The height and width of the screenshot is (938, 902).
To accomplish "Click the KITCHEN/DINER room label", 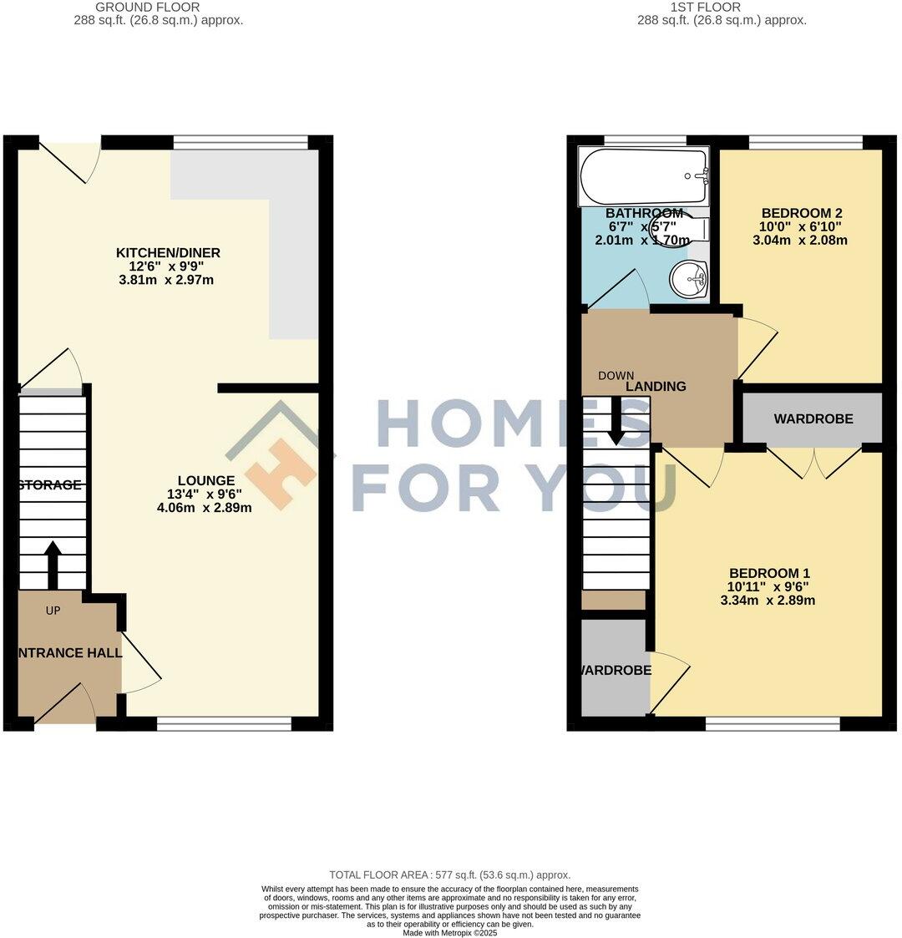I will [x=168, y=252].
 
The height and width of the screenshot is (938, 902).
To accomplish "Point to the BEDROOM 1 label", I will [x=769, y=573].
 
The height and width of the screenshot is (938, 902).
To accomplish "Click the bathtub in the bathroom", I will [x=643, y=175].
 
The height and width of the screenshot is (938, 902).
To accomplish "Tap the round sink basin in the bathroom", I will [x=691, y=278].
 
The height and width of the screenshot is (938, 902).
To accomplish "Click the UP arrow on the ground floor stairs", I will [x=52, y=564].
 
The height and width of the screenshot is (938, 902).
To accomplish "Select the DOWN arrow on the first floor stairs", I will [x=616, y=422].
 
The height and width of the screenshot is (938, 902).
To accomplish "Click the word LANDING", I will [x=656, y=386].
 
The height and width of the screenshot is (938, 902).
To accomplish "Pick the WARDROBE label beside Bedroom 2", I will [x=813, y=418].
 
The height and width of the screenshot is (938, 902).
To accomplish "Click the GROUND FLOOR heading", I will [x=159, y=7].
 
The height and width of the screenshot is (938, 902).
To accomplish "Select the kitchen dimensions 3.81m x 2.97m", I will [x=165, y=280].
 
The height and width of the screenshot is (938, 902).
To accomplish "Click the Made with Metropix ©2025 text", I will [x=449, y=932].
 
